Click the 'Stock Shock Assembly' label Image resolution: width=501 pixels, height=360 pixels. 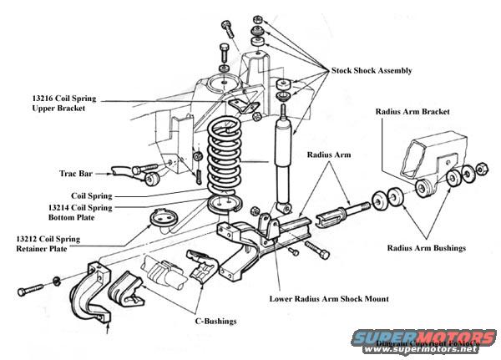[x=372, y=71]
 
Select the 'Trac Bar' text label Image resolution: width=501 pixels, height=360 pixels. [x=77, y=175]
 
